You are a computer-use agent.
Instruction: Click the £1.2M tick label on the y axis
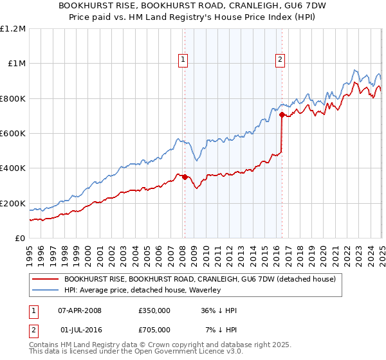[13, 29]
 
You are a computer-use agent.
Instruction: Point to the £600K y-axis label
[13, 134]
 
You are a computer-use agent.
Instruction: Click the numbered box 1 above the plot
[183, 60]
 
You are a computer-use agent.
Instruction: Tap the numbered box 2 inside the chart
[280, 60]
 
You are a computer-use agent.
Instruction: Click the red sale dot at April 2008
[185, 177]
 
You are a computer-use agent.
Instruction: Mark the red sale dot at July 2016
[282, 115]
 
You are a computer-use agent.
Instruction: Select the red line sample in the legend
[45, 280]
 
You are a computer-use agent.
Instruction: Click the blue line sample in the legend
[45, 290]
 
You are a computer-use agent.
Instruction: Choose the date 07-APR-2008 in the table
[80, 310]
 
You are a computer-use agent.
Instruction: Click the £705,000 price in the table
[154, 330]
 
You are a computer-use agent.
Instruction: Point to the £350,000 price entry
[154, 310]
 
